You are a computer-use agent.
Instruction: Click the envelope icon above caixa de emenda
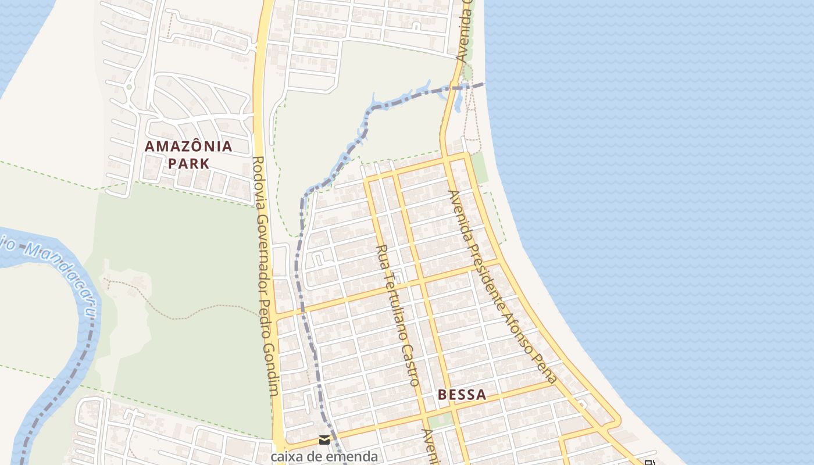324,440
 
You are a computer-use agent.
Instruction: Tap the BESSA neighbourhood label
462,395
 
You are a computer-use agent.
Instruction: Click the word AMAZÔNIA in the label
188,146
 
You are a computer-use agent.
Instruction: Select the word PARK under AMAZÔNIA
188,163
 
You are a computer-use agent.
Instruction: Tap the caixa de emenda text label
324,456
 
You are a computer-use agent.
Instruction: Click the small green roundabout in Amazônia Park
128,87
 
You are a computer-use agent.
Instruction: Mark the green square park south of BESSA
440,421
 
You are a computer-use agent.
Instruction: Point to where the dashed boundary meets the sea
484,84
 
